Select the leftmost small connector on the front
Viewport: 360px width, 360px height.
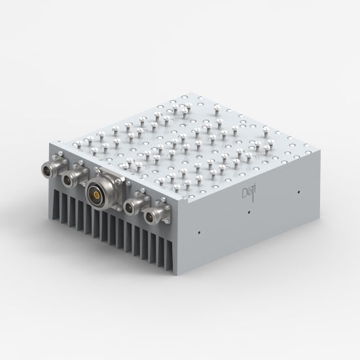[51, 168]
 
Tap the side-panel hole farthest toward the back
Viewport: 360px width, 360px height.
[299, 192]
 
